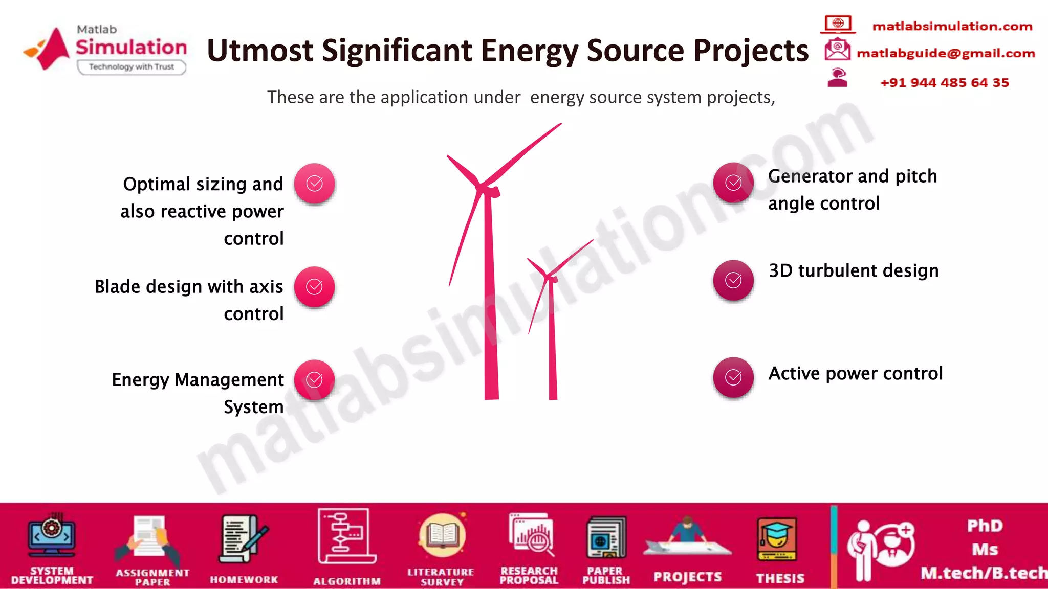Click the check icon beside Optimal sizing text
coord(314,184)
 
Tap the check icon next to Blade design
coord(314,287)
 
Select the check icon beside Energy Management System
coord(314,380)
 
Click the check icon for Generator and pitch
coord(733,183)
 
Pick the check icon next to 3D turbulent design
coord(733,280)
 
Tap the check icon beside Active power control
coord(733,377)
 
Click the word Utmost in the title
coord(260,51)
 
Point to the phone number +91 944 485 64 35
coord(944,82)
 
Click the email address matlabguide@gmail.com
coord(946,53)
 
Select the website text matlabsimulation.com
coord(952,26)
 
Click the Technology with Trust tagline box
coord(132,67)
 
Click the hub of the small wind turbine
coord(551,278)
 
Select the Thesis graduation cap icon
coord(777,539)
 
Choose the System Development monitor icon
coord(51,535)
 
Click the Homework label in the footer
coord(244,579)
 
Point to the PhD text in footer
coord(984,526)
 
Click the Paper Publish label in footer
coord(605,575)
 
